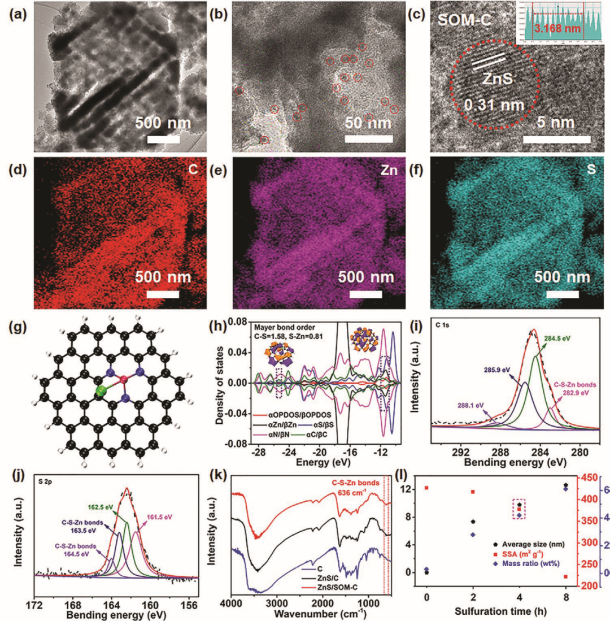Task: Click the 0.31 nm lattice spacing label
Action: point(494,106)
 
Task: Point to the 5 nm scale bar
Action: point(557,138)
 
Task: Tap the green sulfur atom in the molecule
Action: point(101,391)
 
